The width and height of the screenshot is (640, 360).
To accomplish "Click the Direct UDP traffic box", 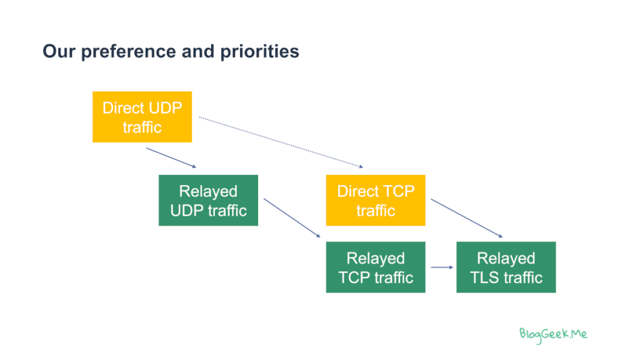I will coord(142,117).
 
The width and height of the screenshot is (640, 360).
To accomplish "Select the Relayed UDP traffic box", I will coord(208,200).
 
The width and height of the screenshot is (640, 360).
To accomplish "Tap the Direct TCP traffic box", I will coord(375,200).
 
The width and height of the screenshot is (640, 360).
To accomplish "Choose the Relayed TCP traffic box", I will coord(375,267).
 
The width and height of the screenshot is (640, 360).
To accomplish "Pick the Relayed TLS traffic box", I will coord(506,267).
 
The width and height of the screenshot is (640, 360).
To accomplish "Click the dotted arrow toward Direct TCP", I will coord(280,142).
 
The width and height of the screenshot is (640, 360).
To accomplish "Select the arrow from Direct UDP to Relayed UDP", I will coord(171,157).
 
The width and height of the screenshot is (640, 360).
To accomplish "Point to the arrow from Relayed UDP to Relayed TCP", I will coord(292,217).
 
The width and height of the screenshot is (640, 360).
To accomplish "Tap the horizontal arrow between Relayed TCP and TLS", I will coord(441,267).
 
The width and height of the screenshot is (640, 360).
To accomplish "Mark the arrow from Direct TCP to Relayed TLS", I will coord(466,218).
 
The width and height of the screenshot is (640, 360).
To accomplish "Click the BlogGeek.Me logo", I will coord(553,333).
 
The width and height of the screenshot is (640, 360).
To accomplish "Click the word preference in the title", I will coord(122,51).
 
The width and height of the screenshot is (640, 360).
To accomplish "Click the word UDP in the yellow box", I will coord(165,107).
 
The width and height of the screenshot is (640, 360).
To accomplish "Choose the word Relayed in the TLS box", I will coord(506,258).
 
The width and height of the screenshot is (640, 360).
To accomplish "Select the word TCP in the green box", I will coord(355,277).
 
